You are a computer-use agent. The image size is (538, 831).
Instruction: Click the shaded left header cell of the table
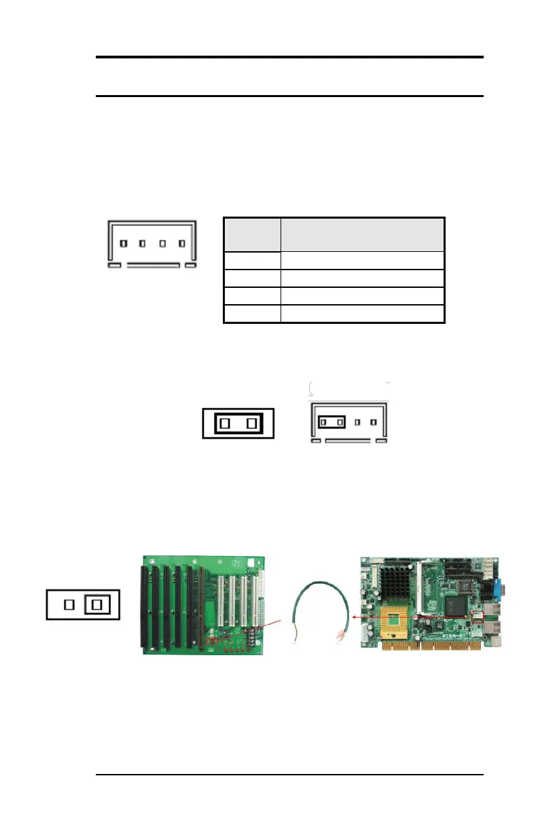(x=252, y=234)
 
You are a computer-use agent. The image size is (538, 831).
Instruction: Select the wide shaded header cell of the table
(x=363, y=234)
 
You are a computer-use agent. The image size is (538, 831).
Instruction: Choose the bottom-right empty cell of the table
(x=363, y=314)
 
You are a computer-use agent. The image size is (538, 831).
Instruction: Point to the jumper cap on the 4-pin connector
(x=331, y=422)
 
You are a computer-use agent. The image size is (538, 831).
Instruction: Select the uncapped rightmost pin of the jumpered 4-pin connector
(x=373, y=422)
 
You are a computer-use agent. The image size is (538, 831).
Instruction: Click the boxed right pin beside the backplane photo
(x=96, y=604)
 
